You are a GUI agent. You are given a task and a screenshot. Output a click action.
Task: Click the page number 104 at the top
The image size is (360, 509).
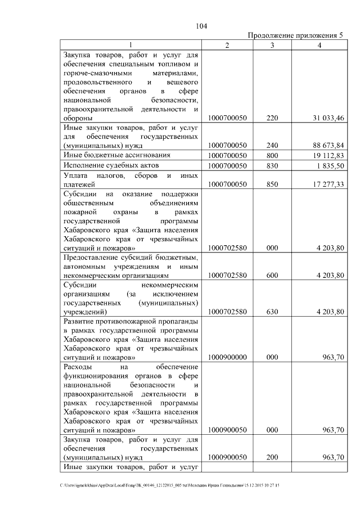pyautogui.click(x=202, y=26)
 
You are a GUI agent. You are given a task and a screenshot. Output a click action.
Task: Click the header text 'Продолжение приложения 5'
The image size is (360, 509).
pyautogui.click(x=296, y=35)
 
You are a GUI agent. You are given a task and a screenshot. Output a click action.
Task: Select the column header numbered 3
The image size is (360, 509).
pyautogui.click(x=272, y=45)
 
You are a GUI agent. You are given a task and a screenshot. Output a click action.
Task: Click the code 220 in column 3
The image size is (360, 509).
pyautogui.click(x=272, y=118)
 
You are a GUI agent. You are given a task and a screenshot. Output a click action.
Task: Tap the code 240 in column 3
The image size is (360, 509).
pyautogui.click(x=272, y=145)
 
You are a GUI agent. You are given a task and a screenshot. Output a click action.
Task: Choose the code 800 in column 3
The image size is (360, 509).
pyautogui.click(x=272, y=155)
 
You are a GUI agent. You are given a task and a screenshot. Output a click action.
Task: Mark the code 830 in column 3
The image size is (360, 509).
pyautogui.click(x=272, y=165)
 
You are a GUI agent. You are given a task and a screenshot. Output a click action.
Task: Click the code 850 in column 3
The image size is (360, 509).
pyautogui.click(x=272, y=184)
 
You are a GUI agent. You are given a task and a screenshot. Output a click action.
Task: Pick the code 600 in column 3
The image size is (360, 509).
pyautogui.click(x=272, y=276)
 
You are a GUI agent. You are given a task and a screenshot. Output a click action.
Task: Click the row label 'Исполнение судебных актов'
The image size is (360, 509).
pyautogui.click(x=111, y=165)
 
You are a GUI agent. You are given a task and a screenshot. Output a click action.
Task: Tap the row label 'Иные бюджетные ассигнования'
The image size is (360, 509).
pyautogui.click(x=116, y=155)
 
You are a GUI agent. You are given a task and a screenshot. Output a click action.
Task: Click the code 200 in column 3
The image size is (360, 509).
pyautogui.click(x=272, y=457)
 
